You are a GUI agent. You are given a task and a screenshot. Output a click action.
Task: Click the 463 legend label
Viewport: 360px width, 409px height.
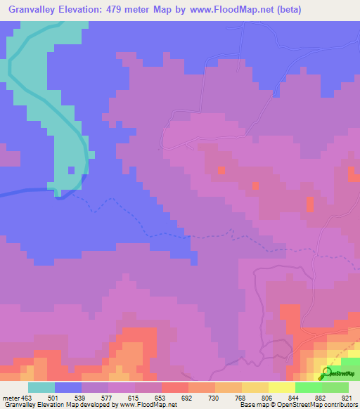(x=27, y=398)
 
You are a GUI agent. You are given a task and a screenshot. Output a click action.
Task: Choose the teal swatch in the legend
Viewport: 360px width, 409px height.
(x=41, y=387)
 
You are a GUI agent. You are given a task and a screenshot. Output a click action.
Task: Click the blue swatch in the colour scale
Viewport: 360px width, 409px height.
(x=68, y=387)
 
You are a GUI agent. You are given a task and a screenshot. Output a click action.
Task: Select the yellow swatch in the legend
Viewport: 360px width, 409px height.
(x=281, y=387)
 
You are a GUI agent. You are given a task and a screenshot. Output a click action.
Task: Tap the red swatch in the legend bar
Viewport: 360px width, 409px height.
(x=175, y=387)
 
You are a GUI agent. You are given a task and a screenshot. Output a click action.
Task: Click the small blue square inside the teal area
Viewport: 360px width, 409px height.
(x=71, y=169)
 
